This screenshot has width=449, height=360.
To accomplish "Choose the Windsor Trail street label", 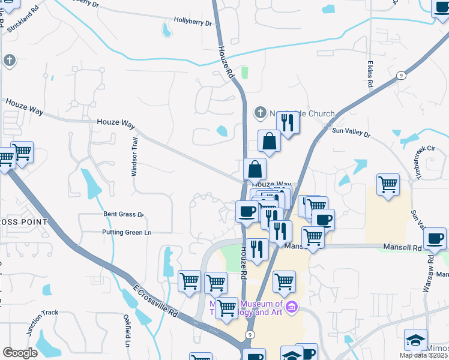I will [x=135, y=156].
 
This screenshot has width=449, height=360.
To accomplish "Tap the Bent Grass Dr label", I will [x=124, y=214].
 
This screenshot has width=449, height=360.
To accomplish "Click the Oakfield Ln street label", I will [x=127, y=334].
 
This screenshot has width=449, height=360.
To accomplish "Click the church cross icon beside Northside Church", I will [x=260, y=112].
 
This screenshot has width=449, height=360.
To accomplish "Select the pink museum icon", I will [x=292, y=308].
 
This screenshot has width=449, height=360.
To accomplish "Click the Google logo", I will [x=20, y=353].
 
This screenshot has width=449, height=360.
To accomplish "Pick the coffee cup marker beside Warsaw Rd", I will [x=434, y=238].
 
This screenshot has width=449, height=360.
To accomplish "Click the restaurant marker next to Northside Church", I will [x=288, y=123].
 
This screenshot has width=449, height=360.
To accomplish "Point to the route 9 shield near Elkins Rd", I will [x=400, y=76].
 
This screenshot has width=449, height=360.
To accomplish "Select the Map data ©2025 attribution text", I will [x=424, y=355].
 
